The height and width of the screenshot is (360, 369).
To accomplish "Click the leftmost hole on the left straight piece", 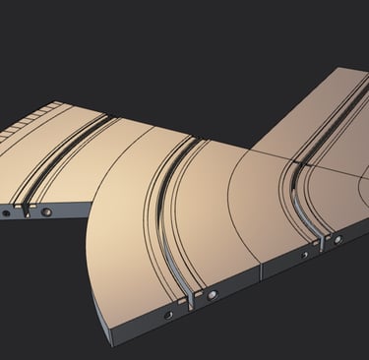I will point(6,211).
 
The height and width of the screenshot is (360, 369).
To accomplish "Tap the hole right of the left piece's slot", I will point(46,210).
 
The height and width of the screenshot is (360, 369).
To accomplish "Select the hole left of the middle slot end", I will point(169,314).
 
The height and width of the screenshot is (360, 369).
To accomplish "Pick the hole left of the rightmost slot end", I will point(304,255).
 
